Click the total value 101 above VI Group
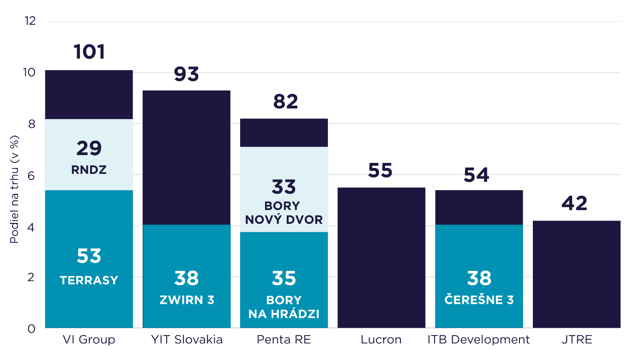coord(89,52)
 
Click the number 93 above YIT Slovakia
coord(187,74)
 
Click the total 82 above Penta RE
coord(285,102)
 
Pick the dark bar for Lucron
coord(381,258)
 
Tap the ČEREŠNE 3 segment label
coord(479,300)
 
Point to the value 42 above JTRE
coord(574,204)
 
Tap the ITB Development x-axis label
coord(478,340)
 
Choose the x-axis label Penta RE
coord(284,340)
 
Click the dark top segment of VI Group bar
coord(89,95)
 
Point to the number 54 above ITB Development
coord(476,176)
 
